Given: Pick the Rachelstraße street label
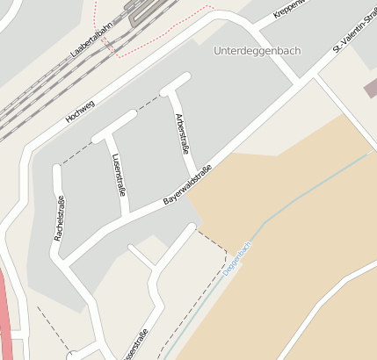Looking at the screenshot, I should (60, 218).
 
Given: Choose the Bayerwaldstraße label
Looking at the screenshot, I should (187, 185).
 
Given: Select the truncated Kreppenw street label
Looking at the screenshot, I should (290, 8).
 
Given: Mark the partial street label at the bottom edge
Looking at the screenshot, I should (137, 346).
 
